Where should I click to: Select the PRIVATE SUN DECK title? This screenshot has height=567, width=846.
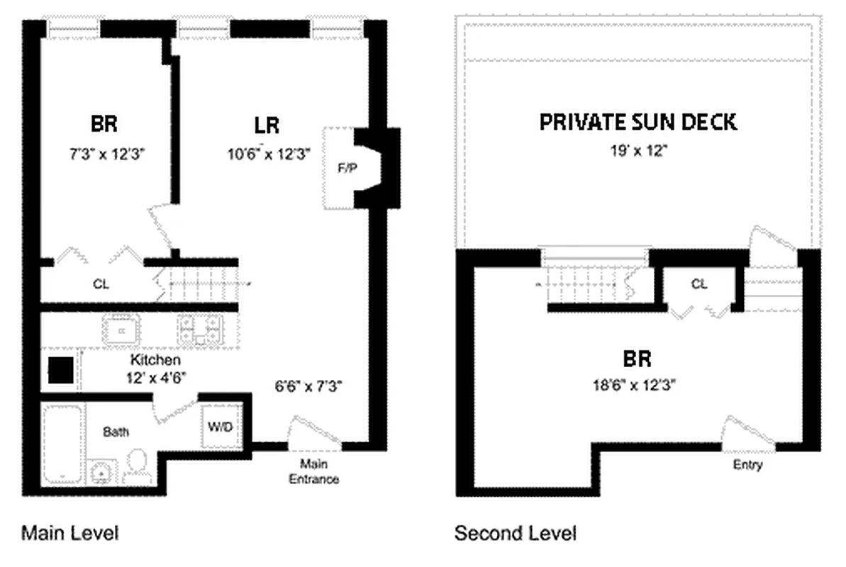click(x=638, y=122)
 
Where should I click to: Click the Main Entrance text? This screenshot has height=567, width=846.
click(x=313, y=472)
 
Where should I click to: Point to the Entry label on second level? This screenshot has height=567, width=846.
click(x=748, y=466)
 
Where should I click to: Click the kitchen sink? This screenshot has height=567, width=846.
click(x=121, y=330)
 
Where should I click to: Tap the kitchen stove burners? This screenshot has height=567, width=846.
click(x=201, y=330)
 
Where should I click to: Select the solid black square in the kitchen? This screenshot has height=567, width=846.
click(x=60, y=370)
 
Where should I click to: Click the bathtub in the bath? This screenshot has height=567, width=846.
click(x=63, y=443)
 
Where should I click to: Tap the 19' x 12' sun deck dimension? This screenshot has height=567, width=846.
click(x=638, y=151)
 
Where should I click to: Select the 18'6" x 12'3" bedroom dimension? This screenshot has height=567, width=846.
click(x=635, y=386)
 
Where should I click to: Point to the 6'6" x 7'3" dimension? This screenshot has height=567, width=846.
click(x=308, y=386)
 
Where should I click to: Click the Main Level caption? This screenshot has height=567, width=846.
click(x=69, y=532)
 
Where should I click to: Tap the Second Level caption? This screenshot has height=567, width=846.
click(x=516, y=532)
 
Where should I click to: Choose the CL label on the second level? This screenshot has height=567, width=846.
click(x=699, y=284)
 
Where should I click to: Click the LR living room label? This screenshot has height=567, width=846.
click(x=267, y=126)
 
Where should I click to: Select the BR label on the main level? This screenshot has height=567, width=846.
click(x=104, y=124)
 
